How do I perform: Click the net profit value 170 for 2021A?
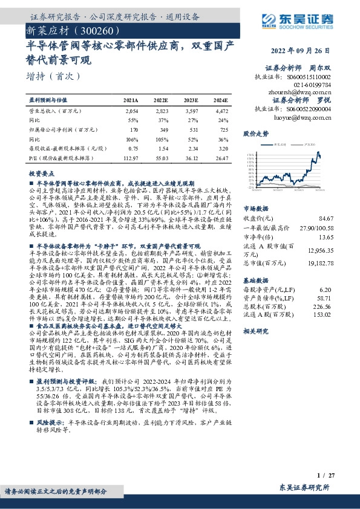(134, 129)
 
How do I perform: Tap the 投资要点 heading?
(41, 172)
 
